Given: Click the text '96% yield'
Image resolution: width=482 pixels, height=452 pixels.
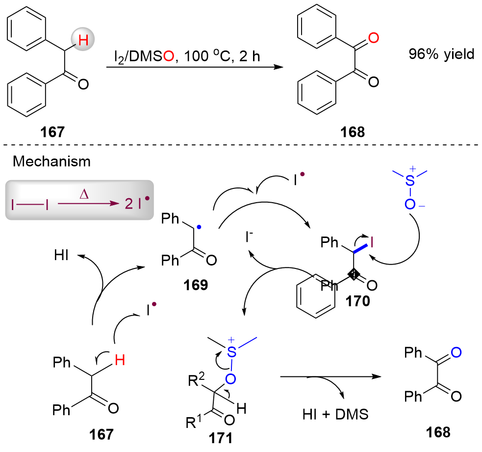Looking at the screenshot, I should tap(441, 54).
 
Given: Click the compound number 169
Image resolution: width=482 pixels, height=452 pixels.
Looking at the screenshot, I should tap(188, 284).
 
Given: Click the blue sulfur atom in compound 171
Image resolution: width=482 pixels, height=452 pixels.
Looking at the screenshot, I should tap(231, 350).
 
